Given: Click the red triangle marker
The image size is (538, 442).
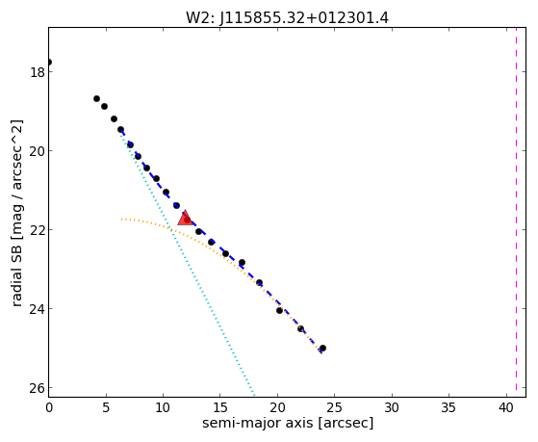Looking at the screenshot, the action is pos(186,218).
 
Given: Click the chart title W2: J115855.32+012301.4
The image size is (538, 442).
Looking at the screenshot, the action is pos(287,18).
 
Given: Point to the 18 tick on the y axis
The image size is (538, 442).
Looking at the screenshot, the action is pos(37,72).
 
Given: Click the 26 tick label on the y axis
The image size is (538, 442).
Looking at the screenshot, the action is pos(37,388).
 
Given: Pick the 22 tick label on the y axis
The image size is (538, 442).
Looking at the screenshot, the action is pos(37,230).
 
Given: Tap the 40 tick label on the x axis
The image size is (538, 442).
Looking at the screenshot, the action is pos(505,407).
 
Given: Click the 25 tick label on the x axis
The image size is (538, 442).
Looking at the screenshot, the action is pos(334,407).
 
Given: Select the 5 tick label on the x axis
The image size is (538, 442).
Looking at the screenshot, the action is pos(106,407).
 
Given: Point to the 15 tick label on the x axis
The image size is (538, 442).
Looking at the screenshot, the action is pos(220,407).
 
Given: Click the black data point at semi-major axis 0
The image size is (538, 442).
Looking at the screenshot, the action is pos(49,63).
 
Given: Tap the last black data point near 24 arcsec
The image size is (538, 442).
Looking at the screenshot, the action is pos(322,348).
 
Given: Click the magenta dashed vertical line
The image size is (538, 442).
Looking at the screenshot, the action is pos(516,212).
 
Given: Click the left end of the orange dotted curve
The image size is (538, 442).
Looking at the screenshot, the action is pos(121,219).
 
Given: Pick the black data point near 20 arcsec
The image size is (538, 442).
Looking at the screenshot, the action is pos(279,310).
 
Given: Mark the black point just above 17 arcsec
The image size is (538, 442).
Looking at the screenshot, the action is pos(242,262).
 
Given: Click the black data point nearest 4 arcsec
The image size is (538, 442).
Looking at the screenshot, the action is pos(97,98).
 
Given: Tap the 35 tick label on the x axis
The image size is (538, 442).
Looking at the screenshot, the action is pos(448,407).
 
